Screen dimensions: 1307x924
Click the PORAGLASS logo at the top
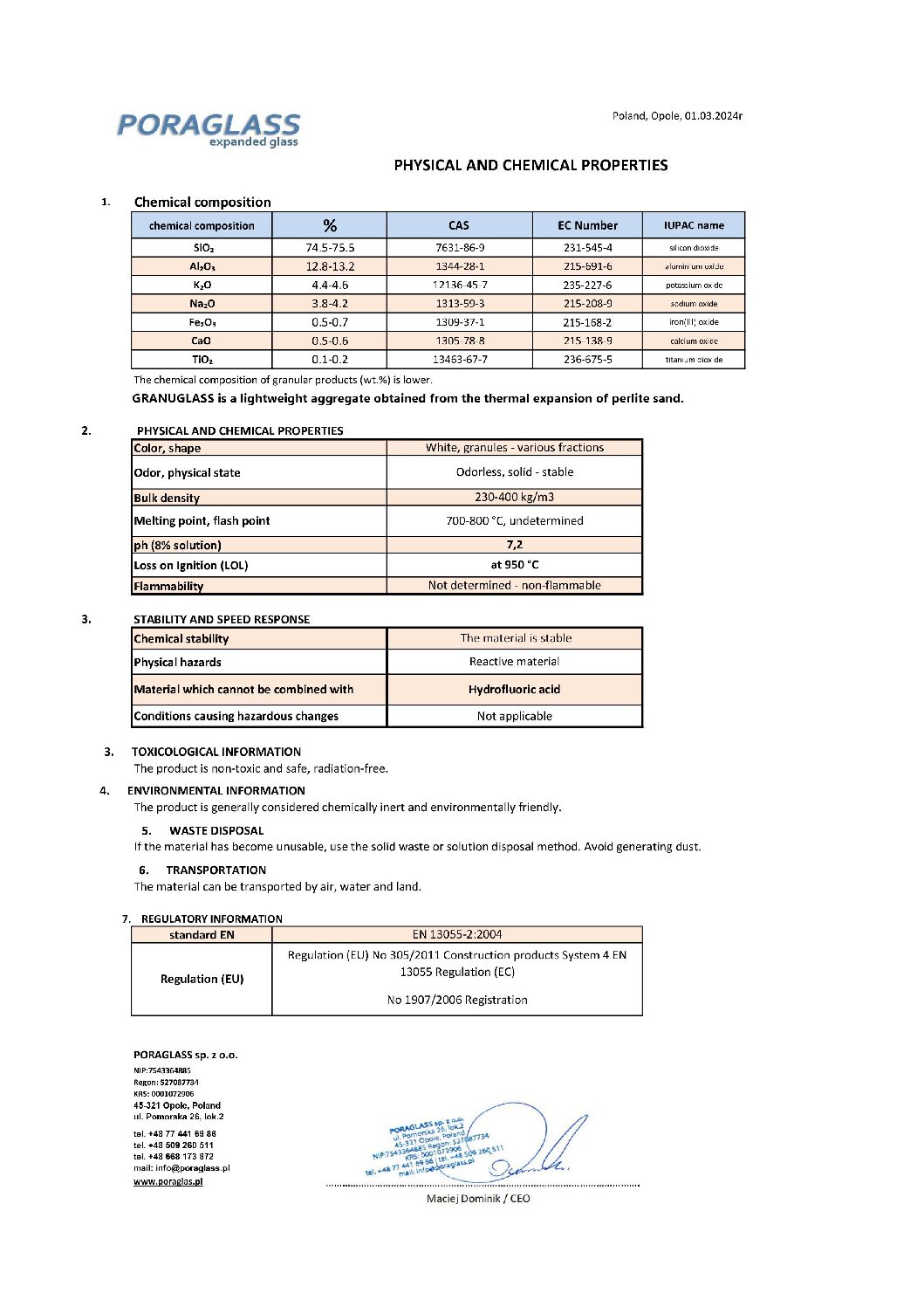tap(209, 129)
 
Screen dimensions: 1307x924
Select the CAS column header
tap(459, 225)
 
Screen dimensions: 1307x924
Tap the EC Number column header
tap(587, 225)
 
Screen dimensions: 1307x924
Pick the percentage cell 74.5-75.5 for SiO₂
tap(330, 248)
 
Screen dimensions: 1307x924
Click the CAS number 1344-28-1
tap(460, 266)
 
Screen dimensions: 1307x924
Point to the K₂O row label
tap(202, 285)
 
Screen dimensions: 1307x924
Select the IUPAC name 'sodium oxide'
tap(694, 304)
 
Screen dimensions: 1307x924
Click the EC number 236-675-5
tap(587, 360)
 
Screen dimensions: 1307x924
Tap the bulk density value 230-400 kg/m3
tap(514, 497)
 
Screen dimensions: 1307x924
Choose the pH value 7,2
tap(514, 545)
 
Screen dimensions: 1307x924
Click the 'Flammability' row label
tap(168, 587)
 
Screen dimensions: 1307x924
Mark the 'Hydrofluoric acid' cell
tap(514, 690)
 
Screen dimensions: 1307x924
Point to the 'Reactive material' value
tap(514, 662)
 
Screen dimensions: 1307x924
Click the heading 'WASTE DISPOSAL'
tap(216, 830)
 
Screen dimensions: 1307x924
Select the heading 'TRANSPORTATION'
tap(216, 870)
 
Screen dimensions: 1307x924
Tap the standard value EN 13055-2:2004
tap(457, 934)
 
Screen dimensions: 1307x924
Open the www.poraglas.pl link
tap(168, 1181)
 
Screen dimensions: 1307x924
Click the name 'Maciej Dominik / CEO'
tap(478, 1199)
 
